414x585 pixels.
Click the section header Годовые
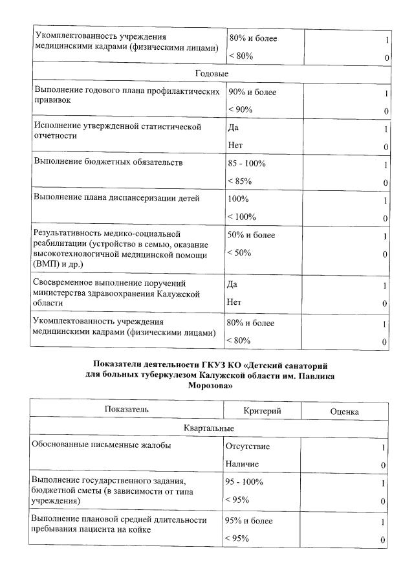(211, 74)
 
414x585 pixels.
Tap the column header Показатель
(127, 410)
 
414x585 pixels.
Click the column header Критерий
(261, 411)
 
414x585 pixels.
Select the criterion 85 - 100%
(247, 164)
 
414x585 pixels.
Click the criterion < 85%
(240, 181)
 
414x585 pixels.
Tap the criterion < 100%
(242, 216)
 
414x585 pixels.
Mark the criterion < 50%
(240, 252)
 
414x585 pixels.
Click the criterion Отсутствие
(248, 447)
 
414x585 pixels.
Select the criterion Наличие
(242, 464)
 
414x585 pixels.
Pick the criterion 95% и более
(250, 521)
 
